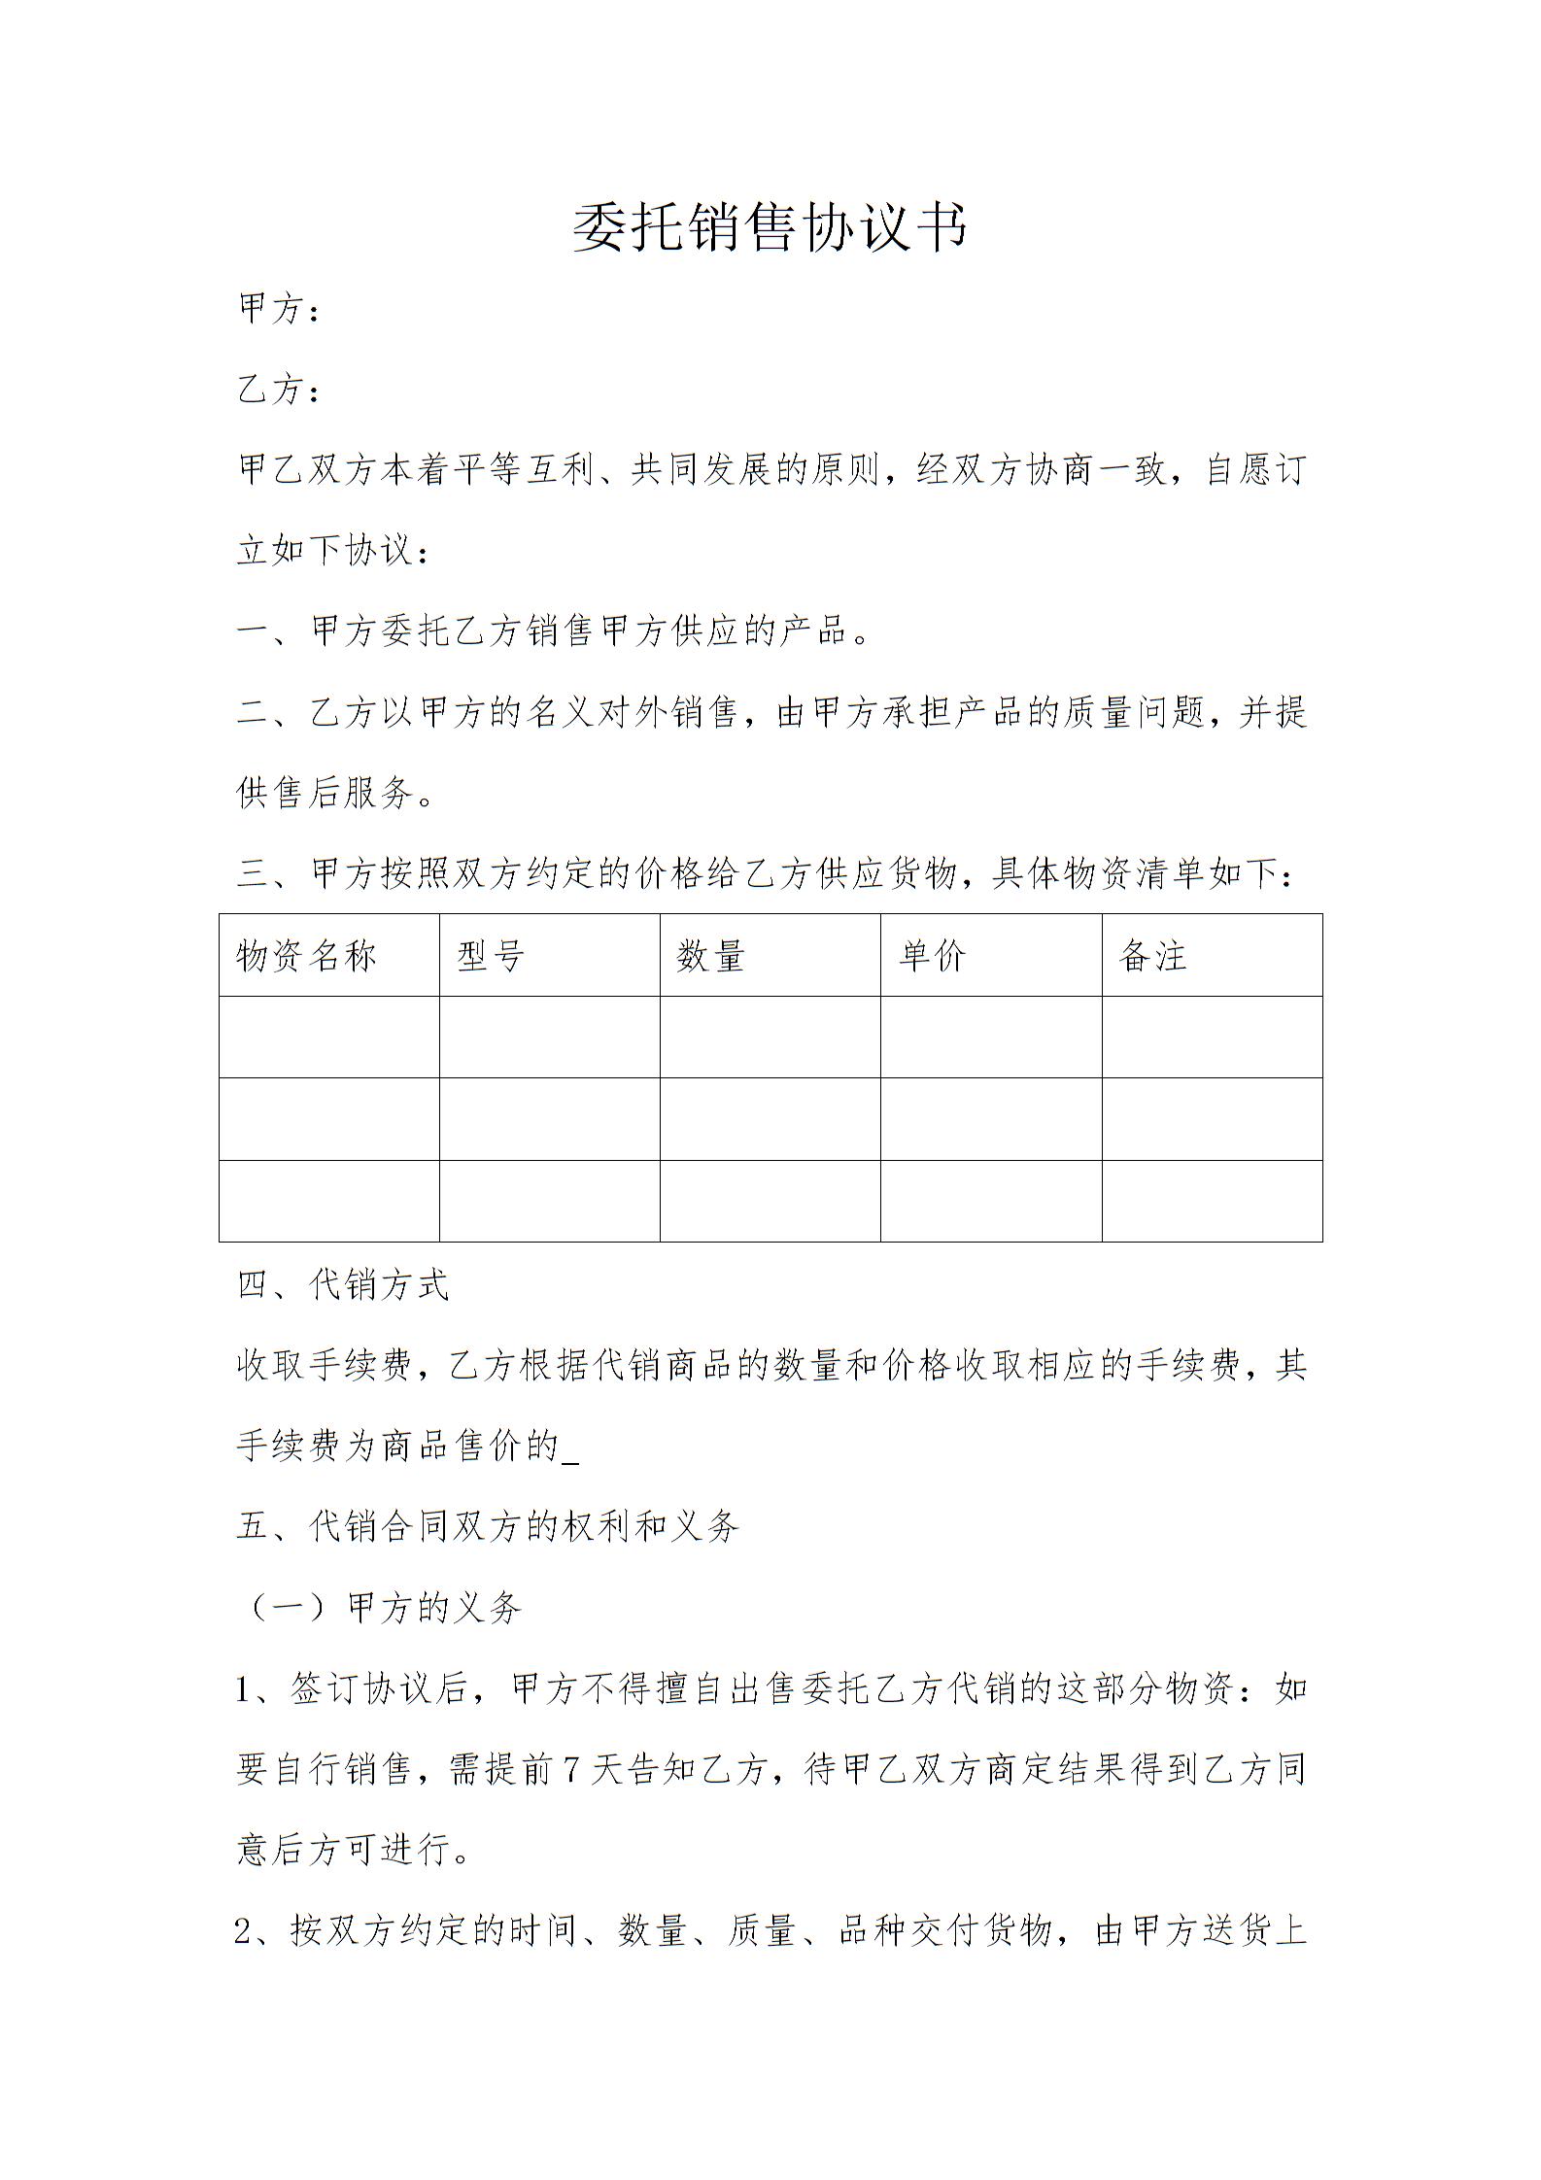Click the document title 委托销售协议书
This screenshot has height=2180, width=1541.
click(x=770, y=228)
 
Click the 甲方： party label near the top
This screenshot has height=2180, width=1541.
click(x=279, y=310)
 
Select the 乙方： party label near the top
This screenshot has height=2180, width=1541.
click(x=279, y=391)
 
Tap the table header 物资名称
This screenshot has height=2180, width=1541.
click(x=306, y=956)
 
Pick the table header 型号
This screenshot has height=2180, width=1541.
click(x=491, y=956)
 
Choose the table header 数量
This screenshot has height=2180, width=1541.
click(x=711, y=956)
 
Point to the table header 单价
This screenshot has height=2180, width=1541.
click(x=933, y=956)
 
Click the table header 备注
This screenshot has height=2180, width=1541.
click(x=1153, y=956)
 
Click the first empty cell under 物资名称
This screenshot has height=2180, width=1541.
click(x=329, y=1037)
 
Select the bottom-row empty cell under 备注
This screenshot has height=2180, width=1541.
click(x=1212, y=1201)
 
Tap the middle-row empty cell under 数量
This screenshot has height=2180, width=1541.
click(x=770, y=1118)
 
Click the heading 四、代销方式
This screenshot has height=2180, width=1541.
click(x=343, y=1285)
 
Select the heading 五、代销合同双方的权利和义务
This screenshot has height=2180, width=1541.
click(x=488, y=1527)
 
